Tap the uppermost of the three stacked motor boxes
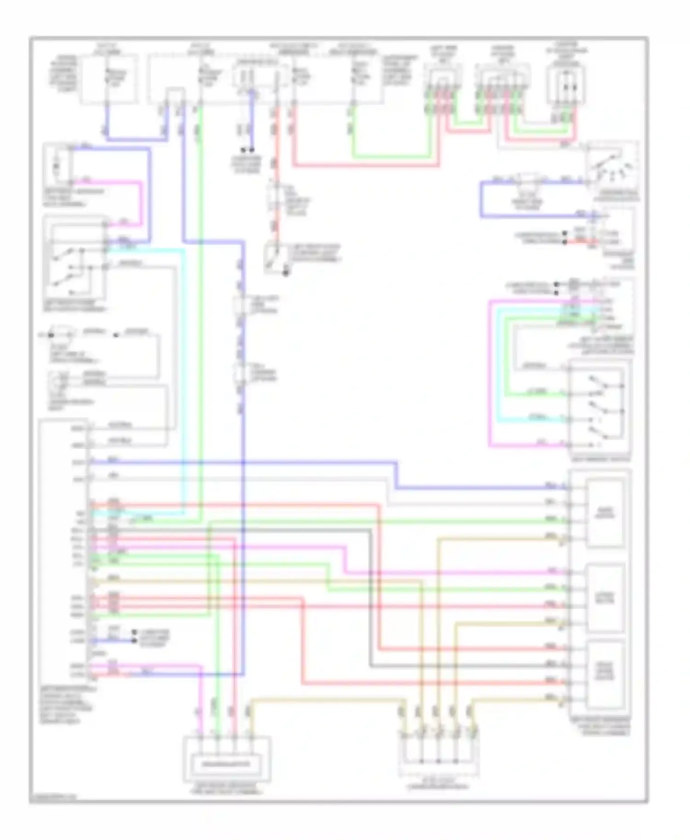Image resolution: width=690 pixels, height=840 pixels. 604,513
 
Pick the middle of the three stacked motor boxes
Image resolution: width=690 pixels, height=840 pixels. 604,597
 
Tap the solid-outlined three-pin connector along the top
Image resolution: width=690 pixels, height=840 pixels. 565,85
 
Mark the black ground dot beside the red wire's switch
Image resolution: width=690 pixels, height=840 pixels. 286,273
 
